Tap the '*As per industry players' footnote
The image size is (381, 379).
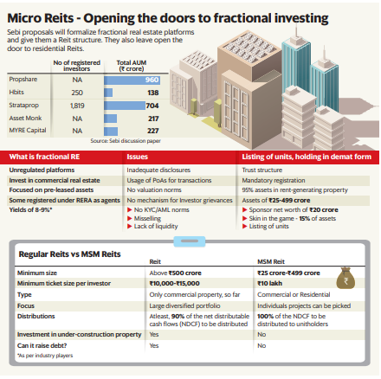(44, 355)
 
